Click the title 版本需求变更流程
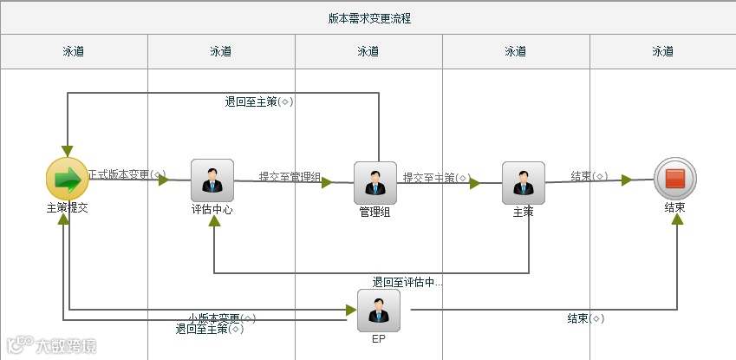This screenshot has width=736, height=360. [x=369, y=18]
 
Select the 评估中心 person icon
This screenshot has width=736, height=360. [x=212, y=180]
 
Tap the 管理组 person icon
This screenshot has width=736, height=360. [x=375, y=182]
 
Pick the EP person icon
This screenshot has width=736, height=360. [x=379, y=311]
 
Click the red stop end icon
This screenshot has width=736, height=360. [x=675, y=179]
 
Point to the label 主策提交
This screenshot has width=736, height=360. [x=68, y=208]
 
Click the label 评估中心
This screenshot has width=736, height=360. [x=212, y=209]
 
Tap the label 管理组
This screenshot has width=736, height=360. [x=375, y=211]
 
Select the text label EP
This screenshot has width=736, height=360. [x=378, y=339]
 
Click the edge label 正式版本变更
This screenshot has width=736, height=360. [x=119, y=175]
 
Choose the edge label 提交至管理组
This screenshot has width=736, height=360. [x=290, y=178]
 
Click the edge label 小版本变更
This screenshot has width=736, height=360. [x=217, y=318]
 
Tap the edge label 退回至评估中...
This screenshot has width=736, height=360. [x=407, y=282]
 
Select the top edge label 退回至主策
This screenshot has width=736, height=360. [x=253, y=102]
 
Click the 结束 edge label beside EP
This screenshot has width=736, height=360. [x=581, y=318]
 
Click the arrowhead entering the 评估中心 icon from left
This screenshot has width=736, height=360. [x=163, y=180]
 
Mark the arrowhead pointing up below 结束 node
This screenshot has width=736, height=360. [x=677, y=219]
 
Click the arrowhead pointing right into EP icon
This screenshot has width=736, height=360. [x=351, y=309]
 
